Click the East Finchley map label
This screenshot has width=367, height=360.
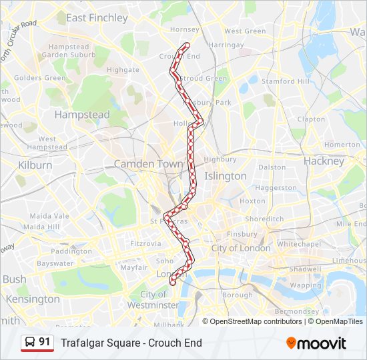coord(97,18)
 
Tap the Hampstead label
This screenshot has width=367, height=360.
coord(82,115)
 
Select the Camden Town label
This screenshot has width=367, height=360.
coord(148,163)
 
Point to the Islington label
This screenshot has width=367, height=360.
coord(225,176)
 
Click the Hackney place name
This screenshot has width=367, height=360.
coord(324,161)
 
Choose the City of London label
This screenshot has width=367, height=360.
coord(241,248)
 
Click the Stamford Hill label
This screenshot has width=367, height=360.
coord(286,81)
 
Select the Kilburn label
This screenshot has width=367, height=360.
coord(35,165)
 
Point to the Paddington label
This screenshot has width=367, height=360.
coord(71,251)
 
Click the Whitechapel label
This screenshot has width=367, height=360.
coord(298,245)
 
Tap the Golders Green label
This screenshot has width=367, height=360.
coord(40,78)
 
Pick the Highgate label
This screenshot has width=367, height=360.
coord(123,69)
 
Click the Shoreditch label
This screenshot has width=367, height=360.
coord(264,219)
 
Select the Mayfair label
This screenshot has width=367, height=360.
coord(133,267)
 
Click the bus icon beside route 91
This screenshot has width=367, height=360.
coord(30,343)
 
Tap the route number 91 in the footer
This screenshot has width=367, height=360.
coord(45,342)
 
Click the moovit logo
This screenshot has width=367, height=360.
coord(316,343)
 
